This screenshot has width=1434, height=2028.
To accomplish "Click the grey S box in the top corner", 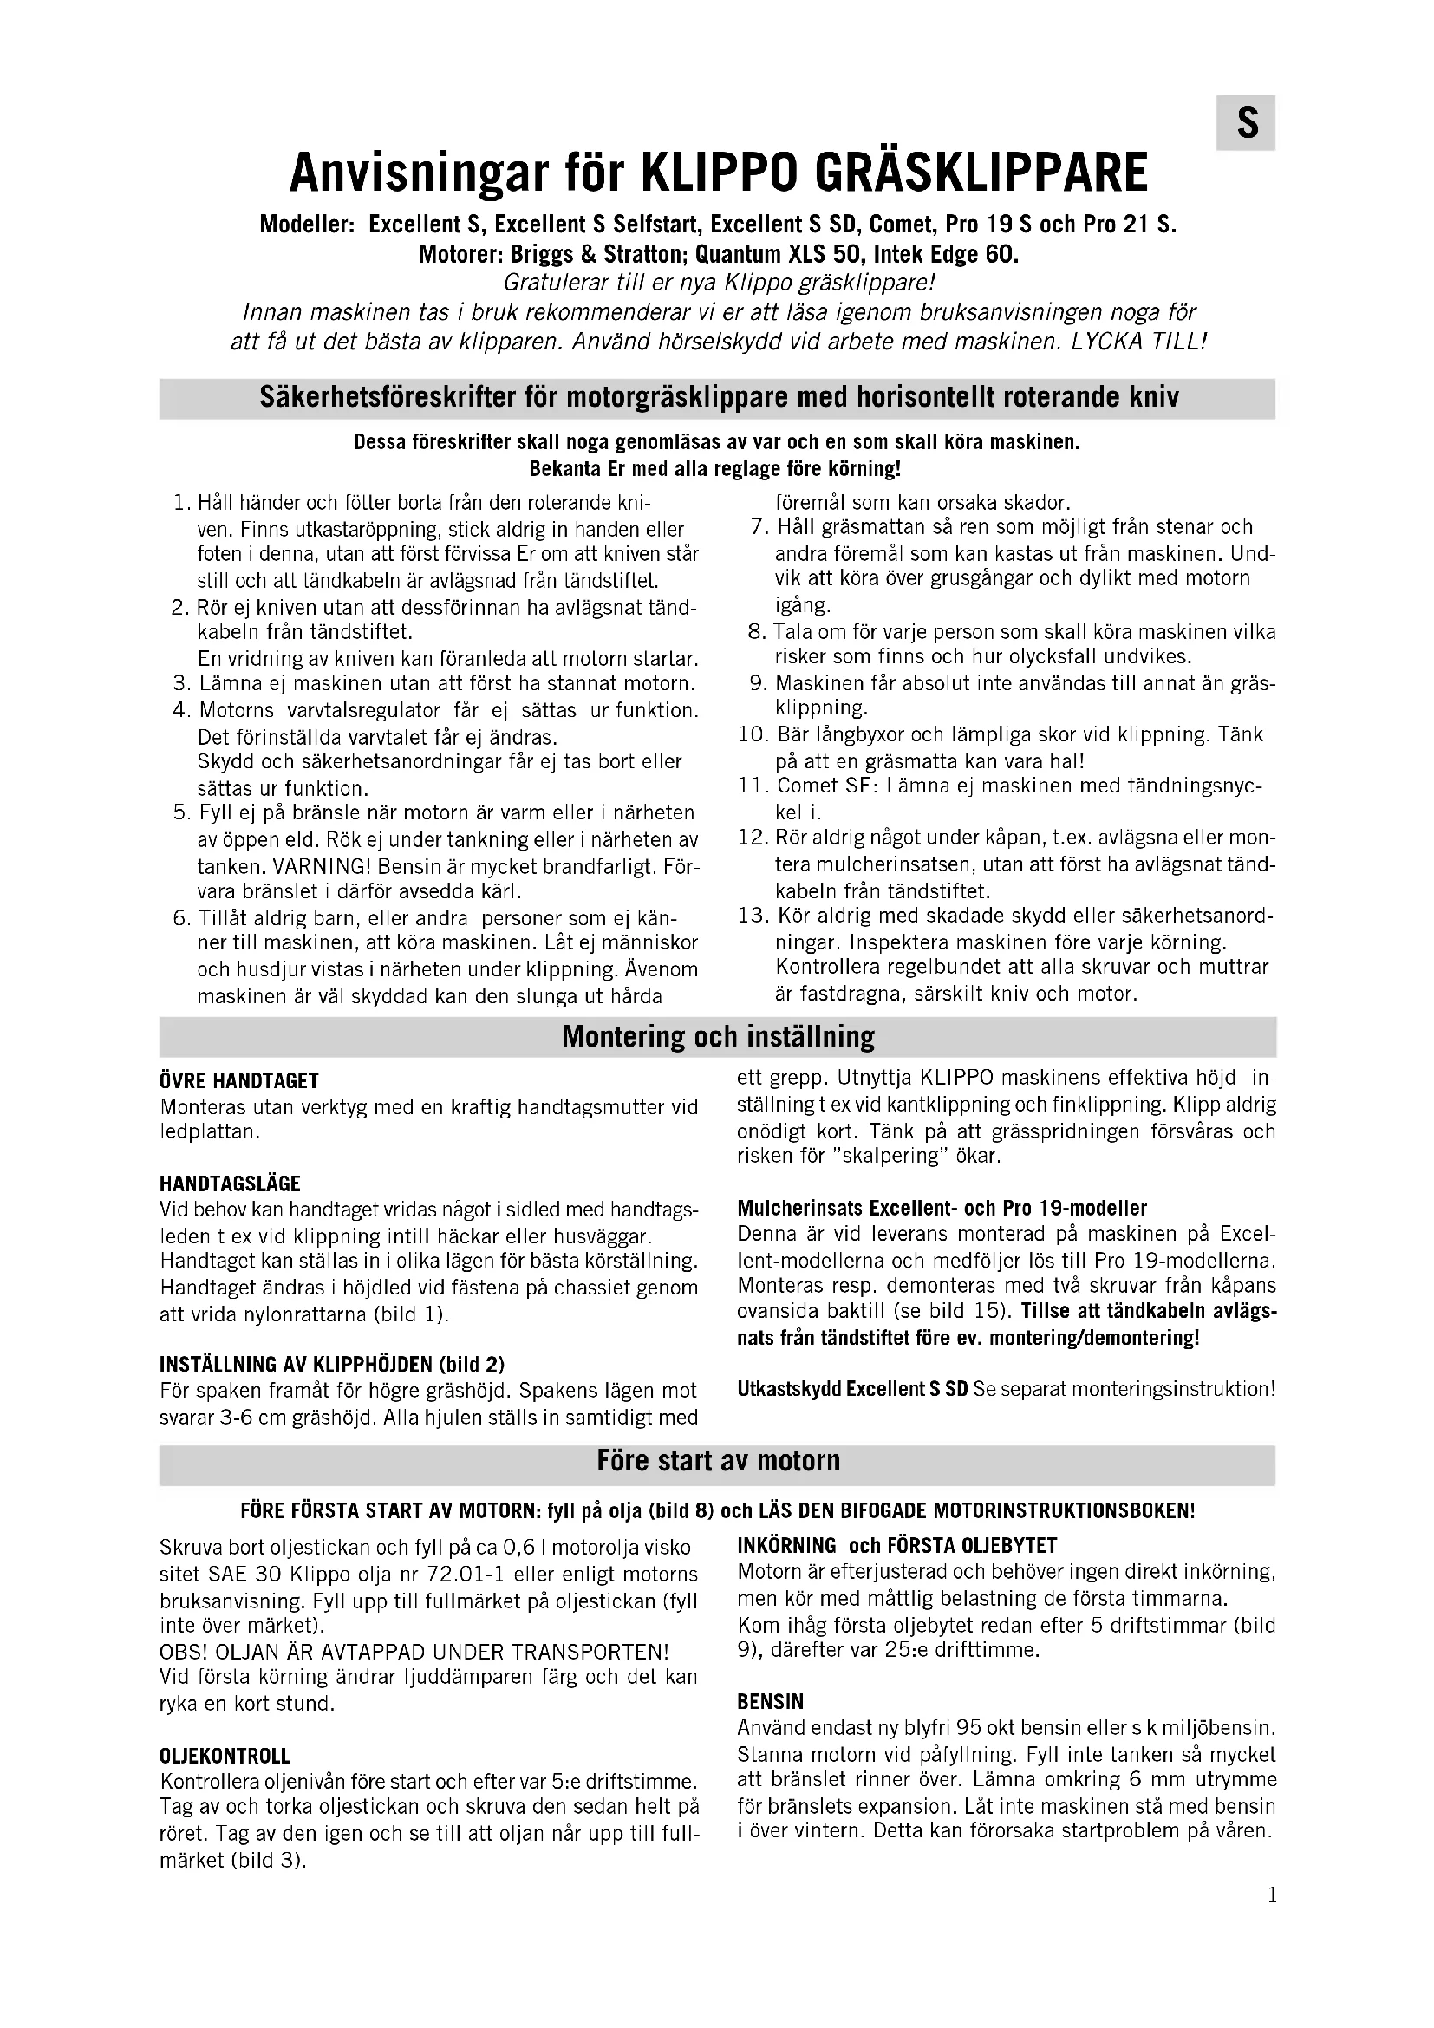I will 1245,123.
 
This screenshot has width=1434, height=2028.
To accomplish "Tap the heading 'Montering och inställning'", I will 717,1036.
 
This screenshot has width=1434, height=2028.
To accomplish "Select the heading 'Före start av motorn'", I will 717,1460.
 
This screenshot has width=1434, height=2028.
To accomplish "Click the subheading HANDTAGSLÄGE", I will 230,1184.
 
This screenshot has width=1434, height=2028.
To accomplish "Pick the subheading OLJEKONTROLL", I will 225,1756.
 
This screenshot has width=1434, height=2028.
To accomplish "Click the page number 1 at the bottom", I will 1272,1895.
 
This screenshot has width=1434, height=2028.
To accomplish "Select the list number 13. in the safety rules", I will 754,915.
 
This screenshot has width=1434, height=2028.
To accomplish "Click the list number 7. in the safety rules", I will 760,527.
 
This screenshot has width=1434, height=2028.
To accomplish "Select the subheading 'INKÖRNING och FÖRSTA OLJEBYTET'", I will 897,1546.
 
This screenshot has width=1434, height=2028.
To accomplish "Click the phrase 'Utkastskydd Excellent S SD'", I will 852,1389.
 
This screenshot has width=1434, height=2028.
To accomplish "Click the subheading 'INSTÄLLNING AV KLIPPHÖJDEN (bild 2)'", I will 332,1364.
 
